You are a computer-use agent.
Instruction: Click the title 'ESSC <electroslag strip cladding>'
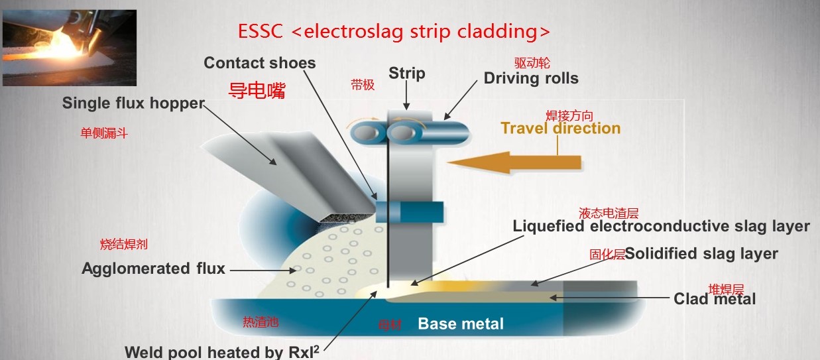coord(394,31)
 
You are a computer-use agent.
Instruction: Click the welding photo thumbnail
coord(69,48)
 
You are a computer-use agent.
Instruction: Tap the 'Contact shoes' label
coord(259,63)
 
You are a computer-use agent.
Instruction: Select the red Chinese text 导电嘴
coord(257,91)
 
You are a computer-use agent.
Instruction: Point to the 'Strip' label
coord(406,73)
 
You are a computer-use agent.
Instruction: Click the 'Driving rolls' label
coord(531,78)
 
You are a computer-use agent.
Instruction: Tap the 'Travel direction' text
coord(560,128)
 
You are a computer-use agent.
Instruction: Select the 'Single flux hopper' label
coord(133,103)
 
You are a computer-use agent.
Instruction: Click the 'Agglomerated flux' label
coord(153,269)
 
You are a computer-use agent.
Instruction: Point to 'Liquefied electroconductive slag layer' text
coord(661,226)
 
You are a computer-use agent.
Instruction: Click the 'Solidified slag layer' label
coord(701,253)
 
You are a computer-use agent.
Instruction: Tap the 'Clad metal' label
coord(715,299)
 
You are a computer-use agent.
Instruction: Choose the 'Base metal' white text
coord(460,324)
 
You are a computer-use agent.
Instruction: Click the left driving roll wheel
coord(366,133)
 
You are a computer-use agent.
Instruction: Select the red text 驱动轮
coord(532,64)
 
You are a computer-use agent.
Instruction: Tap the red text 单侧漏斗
coord(103,133)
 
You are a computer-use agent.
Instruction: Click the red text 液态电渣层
coord(608,213)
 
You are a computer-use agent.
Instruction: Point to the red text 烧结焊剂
coord(123,245)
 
